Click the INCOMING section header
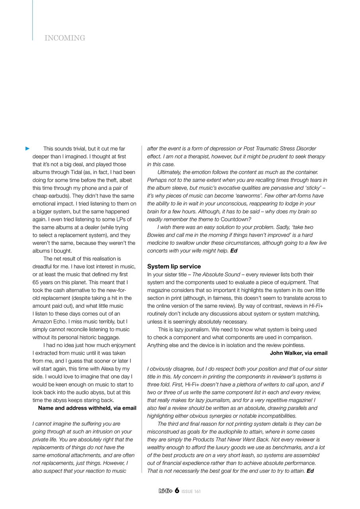[65, 38]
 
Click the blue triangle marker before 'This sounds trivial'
[27, 148]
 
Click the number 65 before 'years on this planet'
[36, 282]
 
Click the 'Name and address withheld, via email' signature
[87, 408]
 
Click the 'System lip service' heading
[174, 266]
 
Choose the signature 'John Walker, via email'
[298, 353]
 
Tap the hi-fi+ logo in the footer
[165, 491]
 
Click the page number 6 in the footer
[177, 491]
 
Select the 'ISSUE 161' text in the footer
[191, 492]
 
